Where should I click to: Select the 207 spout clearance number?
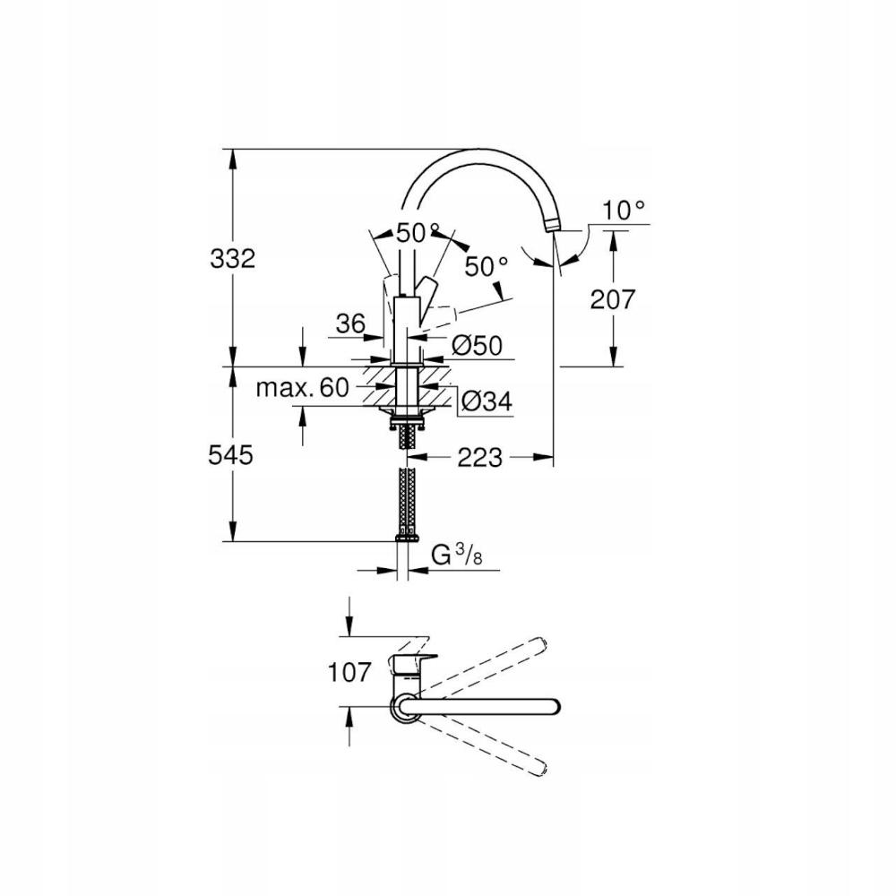coord(613,298)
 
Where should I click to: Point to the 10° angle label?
coord(624,211)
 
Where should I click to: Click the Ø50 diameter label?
coord(475,344)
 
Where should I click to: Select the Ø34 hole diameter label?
coord(486,403)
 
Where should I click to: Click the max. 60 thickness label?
coord(301,387)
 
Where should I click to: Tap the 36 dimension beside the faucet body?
coord(350,324)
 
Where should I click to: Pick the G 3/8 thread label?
coord(455,556)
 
